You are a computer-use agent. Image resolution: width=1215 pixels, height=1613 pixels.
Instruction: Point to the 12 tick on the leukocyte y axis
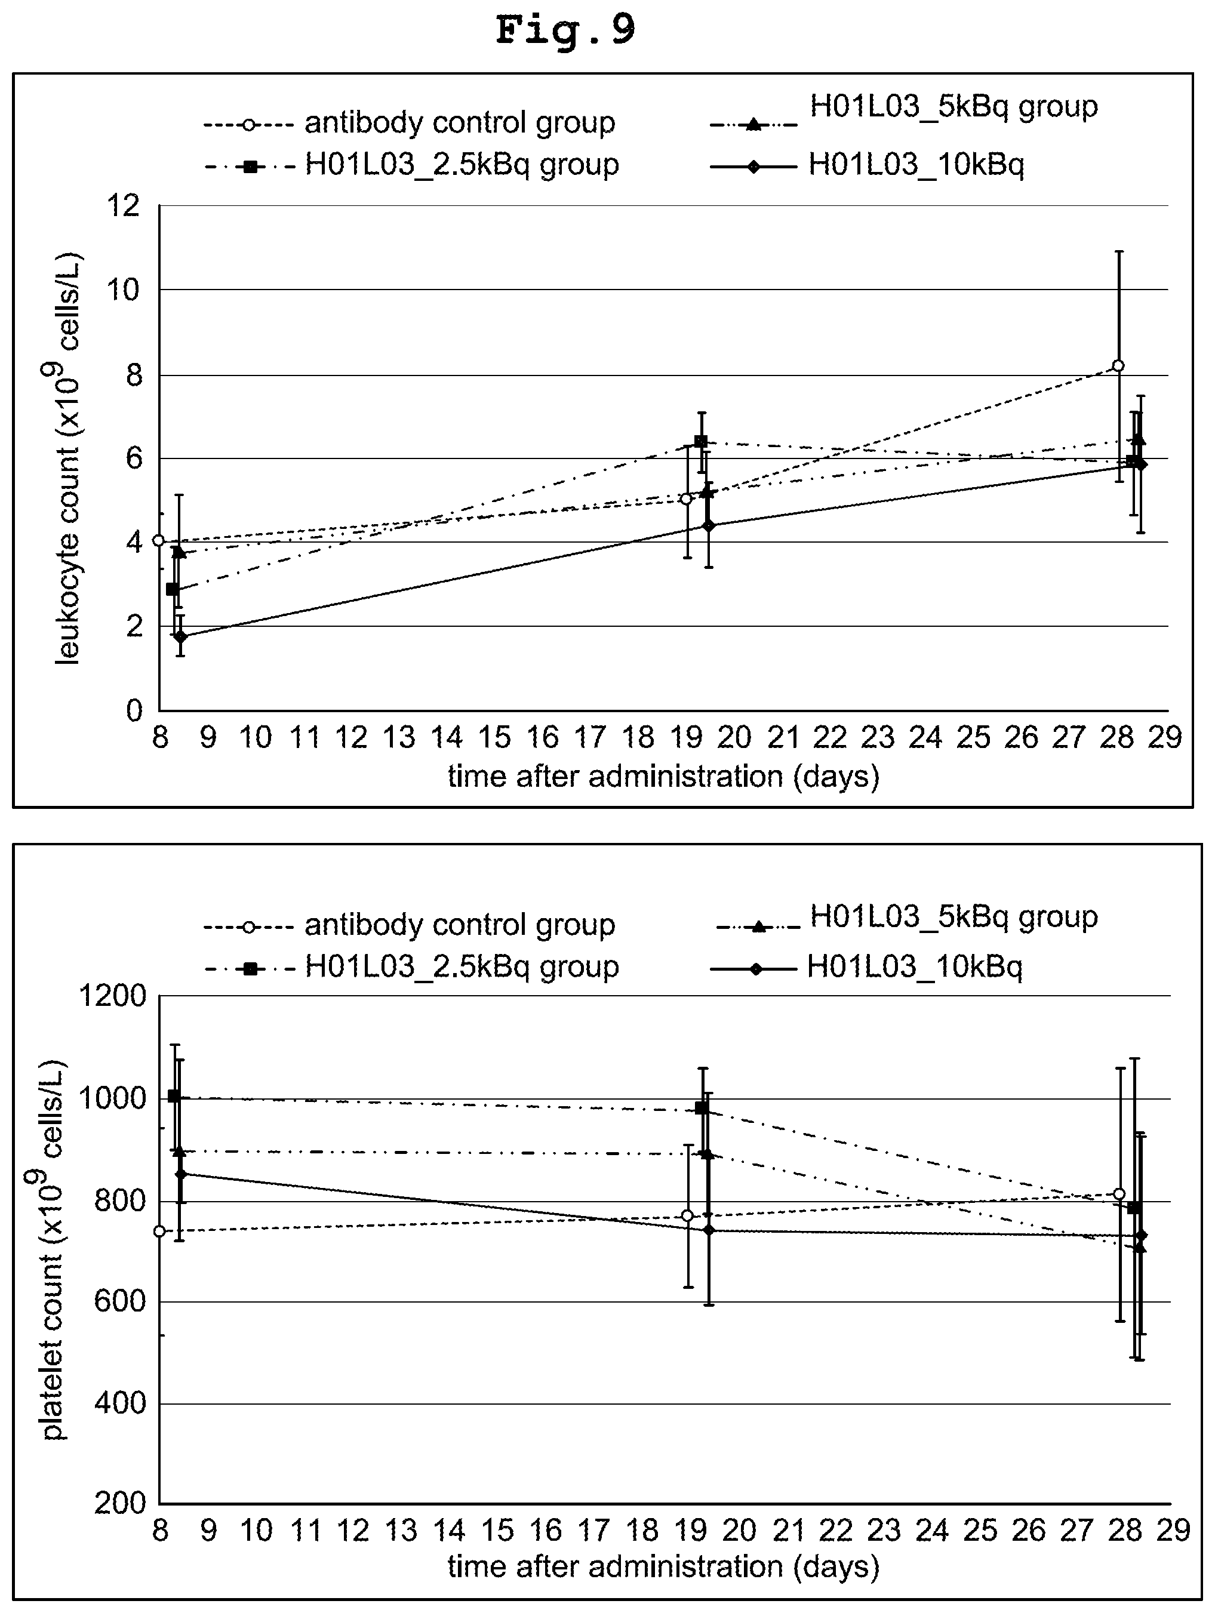[122, 207]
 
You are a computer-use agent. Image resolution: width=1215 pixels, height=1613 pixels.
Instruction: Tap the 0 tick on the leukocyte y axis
[134, 710]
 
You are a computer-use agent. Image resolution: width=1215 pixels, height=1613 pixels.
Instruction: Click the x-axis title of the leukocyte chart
[664, 777]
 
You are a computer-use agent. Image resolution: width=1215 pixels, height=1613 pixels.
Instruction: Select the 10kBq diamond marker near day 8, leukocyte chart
[180, 636]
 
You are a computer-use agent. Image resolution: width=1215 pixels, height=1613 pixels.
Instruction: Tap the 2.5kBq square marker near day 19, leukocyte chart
[701, 441]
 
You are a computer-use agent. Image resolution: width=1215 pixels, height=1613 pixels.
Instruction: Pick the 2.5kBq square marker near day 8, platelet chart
[174, 1096]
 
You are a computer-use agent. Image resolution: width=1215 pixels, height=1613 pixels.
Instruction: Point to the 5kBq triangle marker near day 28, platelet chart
[1139, 1248]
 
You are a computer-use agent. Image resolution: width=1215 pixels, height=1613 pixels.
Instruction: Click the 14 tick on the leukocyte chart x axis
[447, 738]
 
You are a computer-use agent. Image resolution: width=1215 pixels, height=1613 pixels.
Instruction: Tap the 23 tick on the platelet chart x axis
[884, 1530]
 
